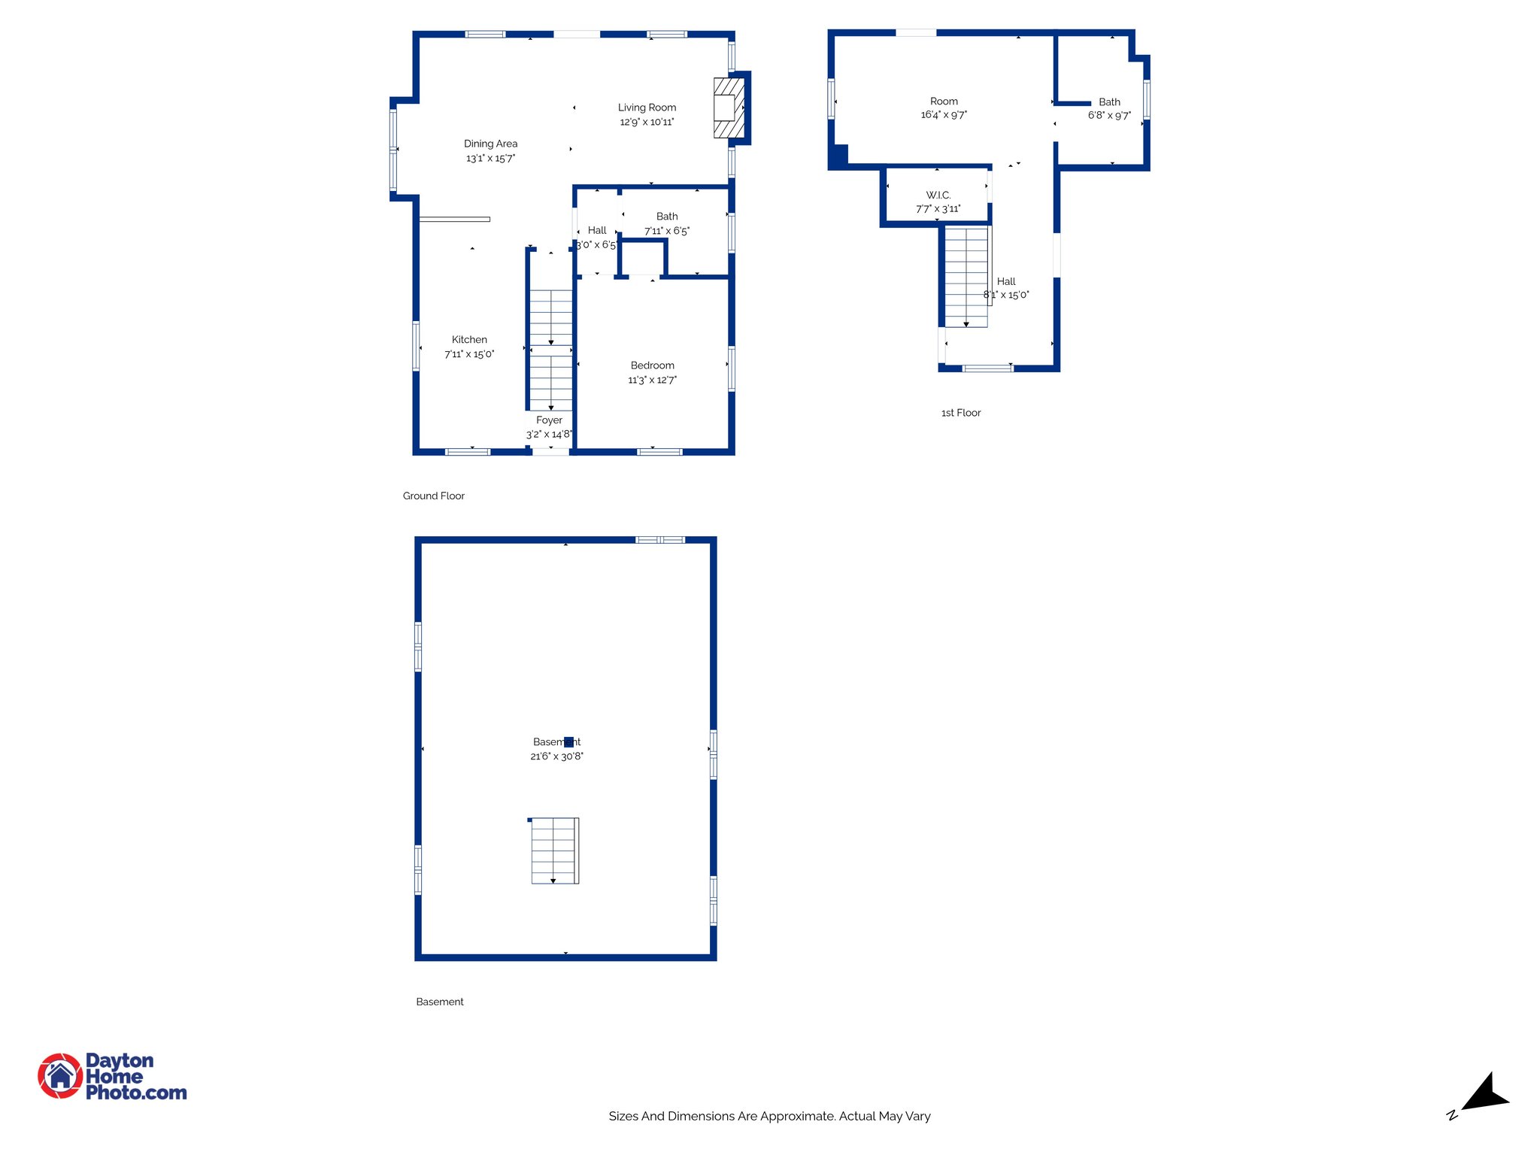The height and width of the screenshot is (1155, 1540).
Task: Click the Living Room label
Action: (x=647, y=108)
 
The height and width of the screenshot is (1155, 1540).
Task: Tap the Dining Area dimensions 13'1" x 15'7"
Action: (x=490, y=158)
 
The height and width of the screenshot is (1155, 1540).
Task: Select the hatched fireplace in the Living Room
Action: (x=728, y=108)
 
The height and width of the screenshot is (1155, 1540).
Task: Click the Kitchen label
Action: (x=469, y=340)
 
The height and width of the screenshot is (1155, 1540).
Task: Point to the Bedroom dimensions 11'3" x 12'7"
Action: (x=652, y=380)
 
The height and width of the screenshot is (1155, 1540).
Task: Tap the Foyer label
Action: (x=549, y=420)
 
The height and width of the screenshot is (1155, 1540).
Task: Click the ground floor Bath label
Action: (x=666, y=217)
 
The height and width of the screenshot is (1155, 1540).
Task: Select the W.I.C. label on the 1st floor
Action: (x=938, y=195)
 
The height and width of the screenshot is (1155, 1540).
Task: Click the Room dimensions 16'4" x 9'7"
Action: (x=944, y=115)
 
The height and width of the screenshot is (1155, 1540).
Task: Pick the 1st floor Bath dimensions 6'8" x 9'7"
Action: (x=1109, y=116)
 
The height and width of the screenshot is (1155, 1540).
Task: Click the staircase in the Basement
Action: (x=554, y=850)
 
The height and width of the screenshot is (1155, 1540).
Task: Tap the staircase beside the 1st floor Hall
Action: (x=966, y=277)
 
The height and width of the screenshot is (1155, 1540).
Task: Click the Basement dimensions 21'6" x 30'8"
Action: (x=556, y=756)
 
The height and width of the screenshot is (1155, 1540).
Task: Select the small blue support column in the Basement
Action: (x=568, y=742)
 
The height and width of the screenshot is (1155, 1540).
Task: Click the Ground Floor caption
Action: (x=433, y=496)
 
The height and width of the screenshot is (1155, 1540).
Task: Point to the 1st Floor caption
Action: (x=961, y=413)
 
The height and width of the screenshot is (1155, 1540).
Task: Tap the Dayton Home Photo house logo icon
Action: (x=60, y=1076)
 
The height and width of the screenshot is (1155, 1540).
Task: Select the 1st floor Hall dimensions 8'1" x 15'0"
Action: (x=1006, y=296)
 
